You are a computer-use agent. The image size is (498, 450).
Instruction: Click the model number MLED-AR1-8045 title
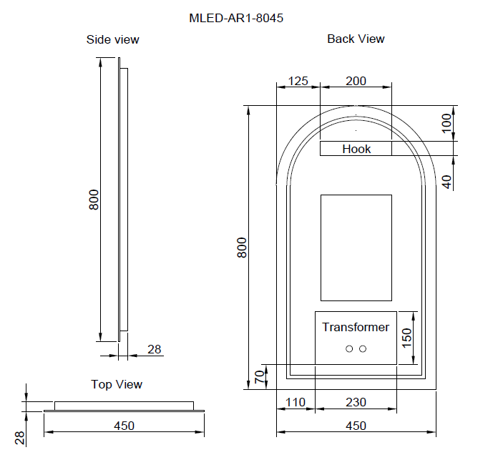[x=235, y=19]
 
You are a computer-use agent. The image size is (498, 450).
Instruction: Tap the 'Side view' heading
[x=112, y=39]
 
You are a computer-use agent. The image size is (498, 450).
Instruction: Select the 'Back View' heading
[x=356, y=39]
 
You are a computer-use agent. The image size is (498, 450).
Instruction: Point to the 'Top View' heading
[x=117, y=384]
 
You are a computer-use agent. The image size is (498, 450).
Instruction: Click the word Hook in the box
[x=356, y=149]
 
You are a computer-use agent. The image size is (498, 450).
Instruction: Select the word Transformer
[x=356, y=327]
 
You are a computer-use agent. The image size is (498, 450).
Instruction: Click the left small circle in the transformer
[x=349, y=348]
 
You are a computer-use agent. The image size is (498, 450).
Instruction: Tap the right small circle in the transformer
[x=363, y=348]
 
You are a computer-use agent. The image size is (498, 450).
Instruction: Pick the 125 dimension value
[x=297, y=81]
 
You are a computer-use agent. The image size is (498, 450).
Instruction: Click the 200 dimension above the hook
[x=356, y=81]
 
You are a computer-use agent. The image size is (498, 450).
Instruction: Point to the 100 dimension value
[x=447, y=123]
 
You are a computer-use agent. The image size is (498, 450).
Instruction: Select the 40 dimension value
[x=447, y=181]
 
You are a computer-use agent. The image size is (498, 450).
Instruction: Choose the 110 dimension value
[x=296, y=402]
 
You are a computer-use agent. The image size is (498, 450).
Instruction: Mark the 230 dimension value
[x=356, y=402]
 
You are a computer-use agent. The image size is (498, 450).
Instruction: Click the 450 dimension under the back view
[x=356, y=426]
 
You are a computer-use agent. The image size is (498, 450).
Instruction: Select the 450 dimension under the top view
[x=124, y=426]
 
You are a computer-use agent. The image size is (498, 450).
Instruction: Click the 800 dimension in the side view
[x=94, y=200]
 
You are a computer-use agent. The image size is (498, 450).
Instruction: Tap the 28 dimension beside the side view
[x=155, y=349]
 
